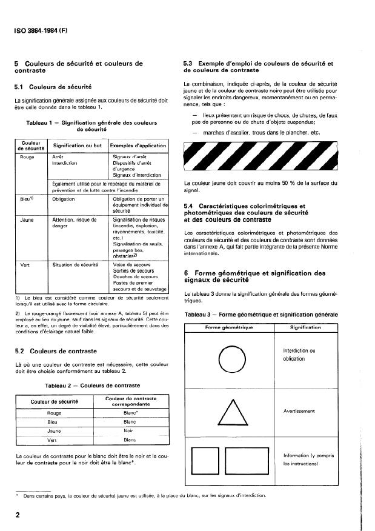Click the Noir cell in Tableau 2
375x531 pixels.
(128, 430)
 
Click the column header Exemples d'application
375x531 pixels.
(137, 146)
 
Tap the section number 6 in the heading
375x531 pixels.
(186, 273)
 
